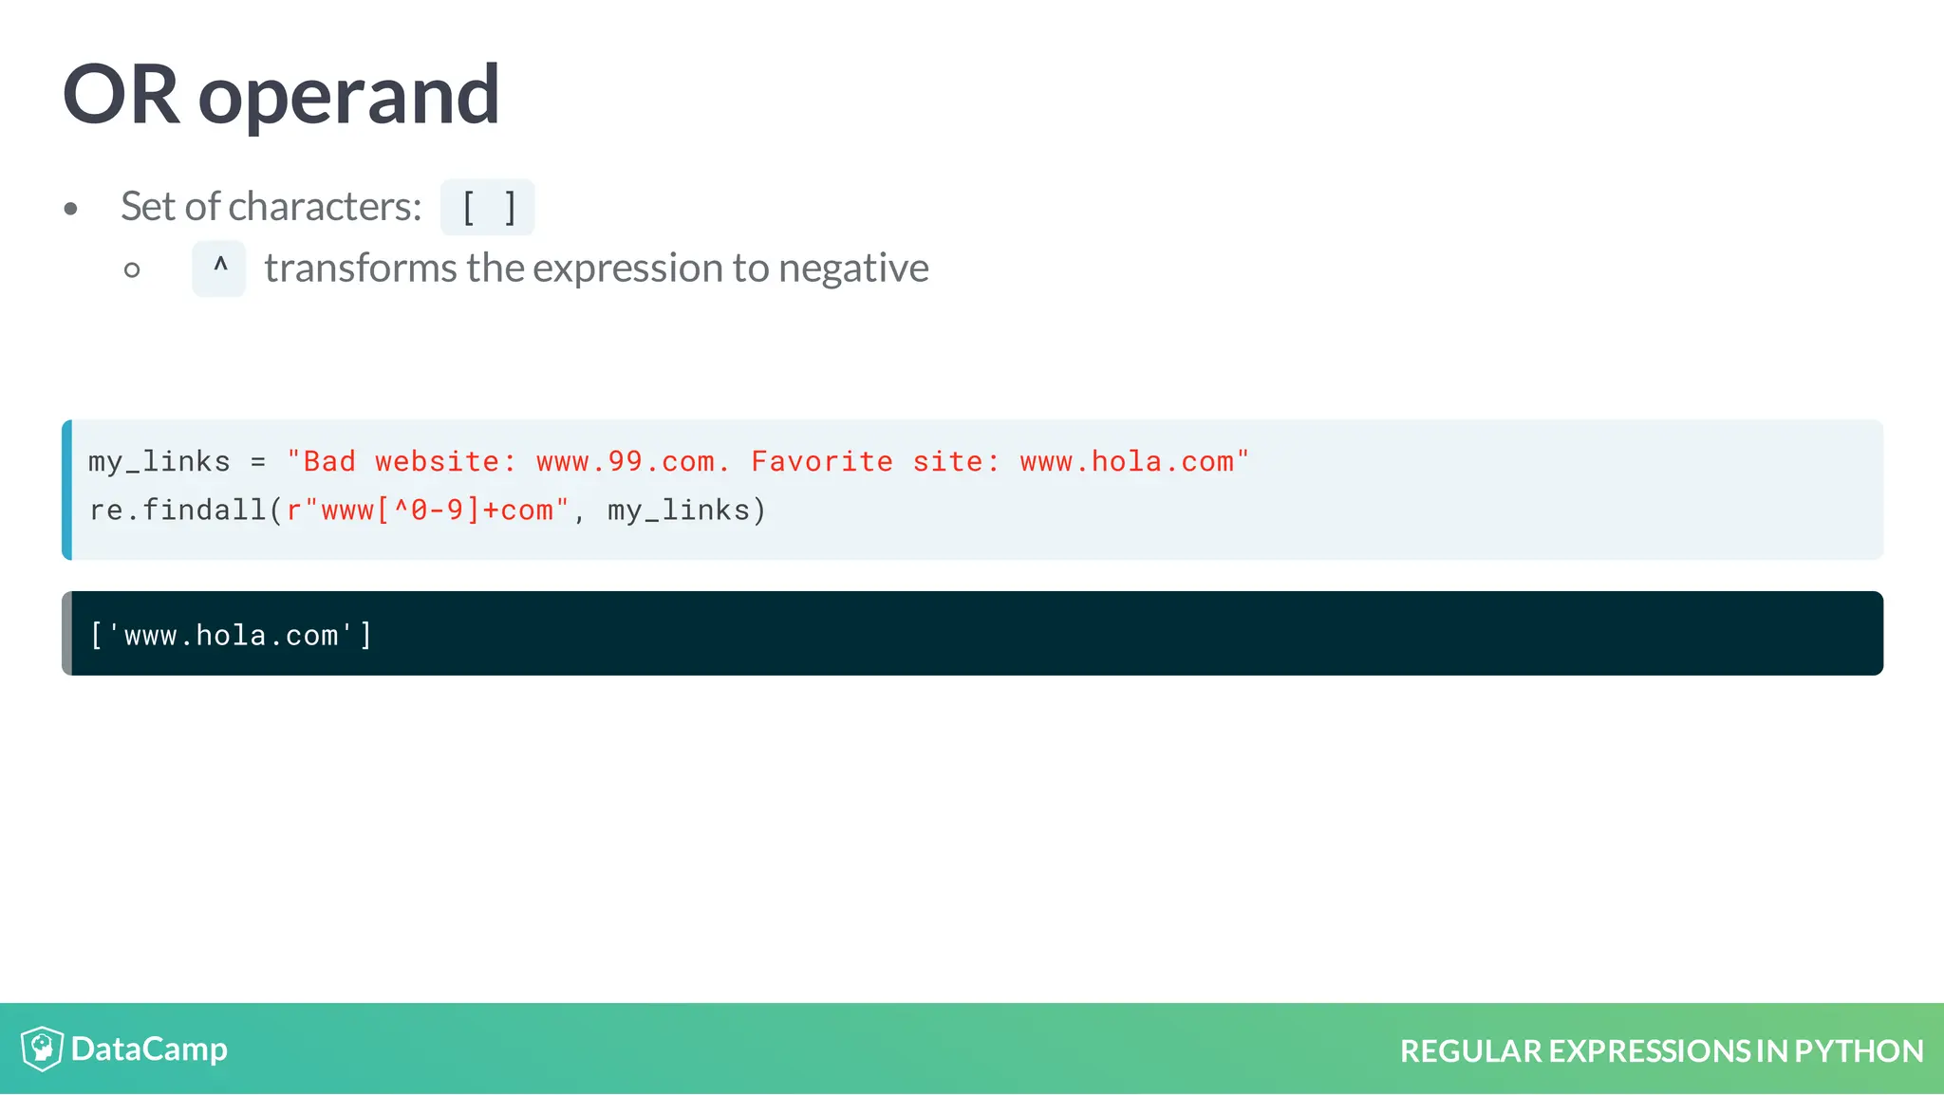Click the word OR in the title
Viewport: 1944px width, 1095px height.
pyautogui.click(x=121, y=95)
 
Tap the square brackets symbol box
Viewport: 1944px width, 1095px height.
pyautogui.click(x=488, y=207)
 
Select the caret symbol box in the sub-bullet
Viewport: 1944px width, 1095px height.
pyautogui.click(x=219, y=269)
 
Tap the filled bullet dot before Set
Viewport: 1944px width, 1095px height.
pyautogui.click(x=70, y=209)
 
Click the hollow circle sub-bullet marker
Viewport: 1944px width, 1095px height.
pyautogui.click(x=132, y=270)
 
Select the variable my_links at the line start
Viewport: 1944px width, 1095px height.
pyautogui.click(x=159, y=462)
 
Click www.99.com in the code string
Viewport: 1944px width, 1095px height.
pyautogui.click(x=625, y=462)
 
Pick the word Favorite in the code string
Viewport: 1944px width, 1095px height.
pyautogui.click(x=822, y=462)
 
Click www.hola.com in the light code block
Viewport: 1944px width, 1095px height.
pyautogui.click(x=1127, y=462)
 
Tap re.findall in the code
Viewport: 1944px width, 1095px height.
pyautogui.click(x=178, y=510)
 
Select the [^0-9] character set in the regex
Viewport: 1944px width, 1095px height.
pyautogui.click(x=428, y=510)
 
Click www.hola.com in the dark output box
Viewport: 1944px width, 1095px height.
pyautogui.click(x=231, y=636)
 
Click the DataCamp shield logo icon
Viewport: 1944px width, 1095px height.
pyautogui.click(x=42, y=1049)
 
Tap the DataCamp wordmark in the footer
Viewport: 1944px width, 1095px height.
pyautogui.click(x=149, y=1049)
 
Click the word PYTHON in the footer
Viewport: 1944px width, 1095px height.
pyautogui.click(x=1859, y=1051)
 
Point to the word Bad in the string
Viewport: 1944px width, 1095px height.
pyautogui.click(x=328, y=462)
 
